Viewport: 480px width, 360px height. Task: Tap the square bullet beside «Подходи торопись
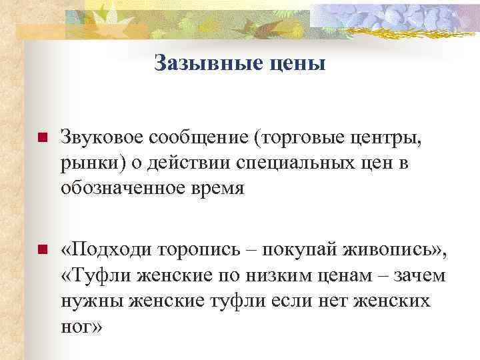point(41,251)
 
